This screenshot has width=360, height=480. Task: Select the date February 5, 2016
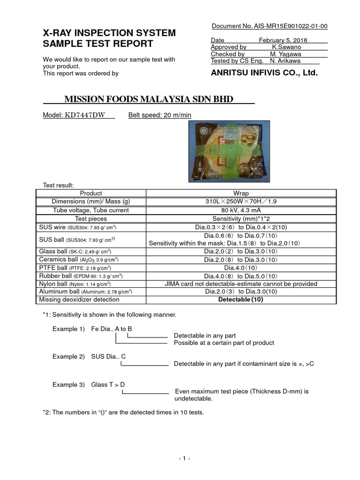pos(283,40)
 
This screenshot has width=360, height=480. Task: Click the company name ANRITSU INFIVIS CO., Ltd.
pos(264,73)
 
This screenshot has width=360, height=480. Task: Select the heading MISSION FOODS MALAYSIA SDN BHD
pos(148,99)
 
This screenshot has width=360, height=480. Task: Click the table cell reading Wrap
pos(241,193)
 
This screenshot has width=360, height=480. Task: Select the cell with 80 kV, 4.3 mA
pos(241,210)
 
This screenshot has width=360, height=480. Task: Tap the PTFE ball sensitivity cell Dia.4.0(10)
pos(241,267)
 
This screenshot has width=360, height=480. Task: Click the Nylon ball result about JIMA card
pos(241,284)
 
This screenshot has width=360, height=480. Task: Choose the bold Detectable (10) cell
pos(241,300)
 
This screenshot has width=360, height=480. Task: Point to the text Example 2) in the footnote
pos(65,357)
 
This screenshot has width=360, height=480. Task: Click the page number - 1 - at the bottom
pos(184,458)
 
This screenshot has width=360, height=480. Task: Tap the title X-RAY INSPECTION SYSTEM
pos(110,33)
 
